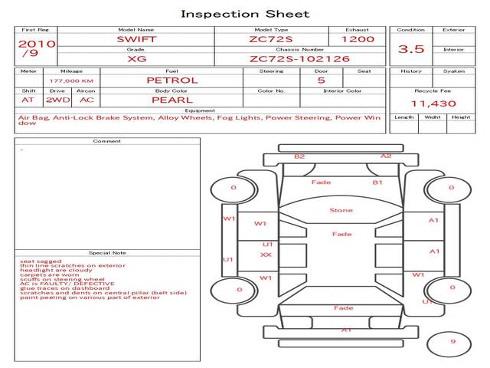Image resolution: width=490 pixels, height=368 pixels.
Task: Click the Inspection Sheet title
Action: [245, 14]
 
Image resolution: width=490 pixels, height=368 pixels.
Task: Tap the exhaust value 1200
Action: [357, 38]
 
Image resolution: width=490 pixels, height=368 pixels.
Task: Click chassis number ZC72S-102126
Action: [299, 58]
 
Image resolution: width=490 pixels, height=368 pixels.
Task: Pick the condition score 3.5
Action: [411, 48]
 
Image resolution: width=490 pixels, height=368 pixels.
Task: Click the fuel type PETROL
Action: [172, 80]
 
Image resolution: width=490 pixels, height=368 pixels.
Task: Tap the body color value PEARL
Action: [172, 100]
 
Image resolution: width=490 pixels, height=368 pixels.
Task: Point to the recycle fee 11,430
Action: [433, 103]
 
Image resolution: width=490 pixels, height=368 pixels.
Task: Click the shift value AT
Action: [28, 100]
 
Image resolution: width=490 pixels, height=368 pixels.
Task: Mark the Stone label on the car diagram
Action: [341, 210]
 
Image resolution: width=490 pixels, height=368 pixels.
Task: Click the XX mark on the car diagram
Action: [266, 255]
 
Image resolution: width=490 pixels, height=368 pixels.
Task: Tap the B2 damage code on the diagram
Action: [299, 156]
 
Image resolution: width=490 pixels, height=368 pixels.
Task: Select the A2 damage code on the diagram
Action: [386, 156]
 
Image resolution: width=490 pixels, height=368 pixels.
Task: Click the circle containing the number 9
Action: [452, 342]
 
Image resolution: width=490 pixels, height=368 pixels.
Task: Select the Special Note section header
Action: [107, 252]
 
